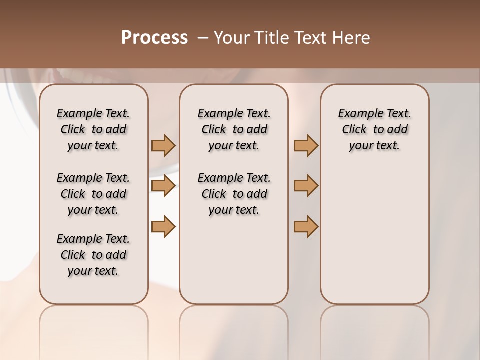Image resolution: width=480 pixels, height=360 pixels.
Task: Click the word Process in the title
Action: tap(154, 38)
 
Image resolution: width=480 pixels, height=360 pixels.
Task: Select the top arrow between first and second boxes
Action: tap(163, 146)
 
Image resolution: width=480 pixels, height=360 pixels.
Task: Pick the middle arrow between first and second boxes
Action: tap(163, 186)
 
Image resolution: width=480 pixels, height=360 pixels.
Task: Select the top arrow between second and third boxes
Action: tap(306, 146)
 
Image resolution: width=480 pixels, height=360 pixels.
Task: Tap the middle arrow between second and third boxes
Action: tap(306, 186)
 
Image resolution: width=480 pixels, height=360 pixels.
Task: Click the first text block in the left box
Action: tap(93, 129)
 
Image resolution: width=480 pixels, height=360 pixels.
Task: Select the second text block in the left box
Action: tap(93, 194)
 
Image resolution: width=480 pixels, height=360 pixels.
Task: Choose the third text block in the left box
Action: tap(93, 255)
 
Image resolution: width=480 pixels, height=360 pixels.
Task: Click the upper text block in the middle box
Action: tap(234, 129)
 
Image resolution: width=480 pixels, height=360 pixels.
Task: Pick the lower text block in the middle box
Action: tap(234, 194)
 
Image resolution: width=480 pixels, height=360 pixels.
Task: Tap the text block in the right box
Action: tap(375, 129)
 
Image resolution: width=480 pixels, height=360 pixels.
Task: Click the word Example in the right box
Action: tap(356, 114)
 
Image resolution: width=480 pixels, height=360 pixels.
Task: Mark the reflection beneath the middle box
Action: tap(234, 330)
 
